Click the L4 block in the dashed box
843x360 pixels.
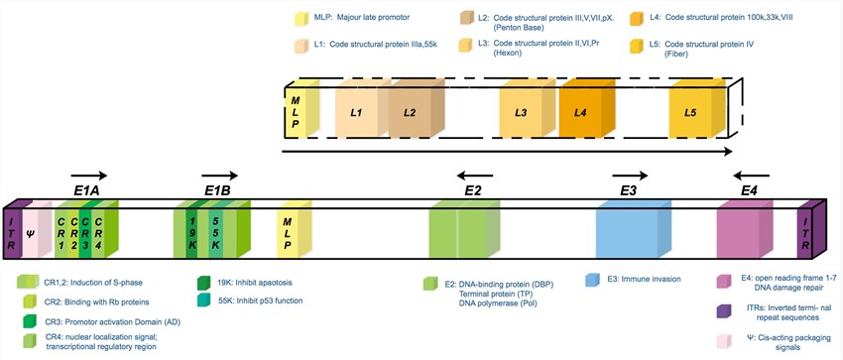click(581, 114)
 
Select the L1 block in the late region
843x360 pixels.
click(356, 114)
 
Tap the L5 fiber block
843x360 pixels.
click(691, 114)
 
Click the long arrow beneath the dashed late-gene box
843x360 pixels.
click(507, 152)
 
